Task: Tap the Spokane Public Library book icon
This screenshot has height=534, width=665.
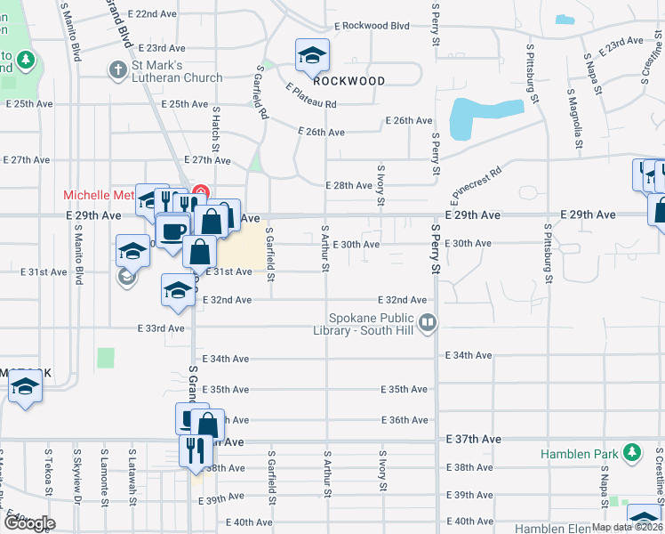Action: click(x=428, y=322)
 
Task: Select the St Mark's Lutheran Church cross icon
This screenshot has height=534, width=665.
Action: click(x=116, y=69)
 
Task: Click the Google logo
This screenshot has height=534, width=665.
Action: click(x=28, y=524)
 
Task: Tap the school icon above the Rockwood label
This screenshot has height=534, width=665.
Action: click(x=312, y=58)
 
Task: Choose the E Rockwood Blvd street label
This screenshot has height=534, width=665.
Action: click(x=362, y=26)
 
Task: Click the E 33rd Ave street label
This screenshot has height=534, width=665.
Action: click(x=161, y=328)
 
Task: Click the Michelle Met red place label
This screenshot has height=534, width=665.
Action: click(x=98, y=195)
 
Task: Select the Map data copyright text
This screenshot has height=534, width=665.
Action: click(x=627, y=527)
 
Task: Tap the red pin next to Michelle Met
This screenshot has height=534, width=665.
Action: click(x=201, y=191)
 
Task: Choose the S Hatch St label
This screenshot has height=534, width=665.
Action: click(x=215, y=129)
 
